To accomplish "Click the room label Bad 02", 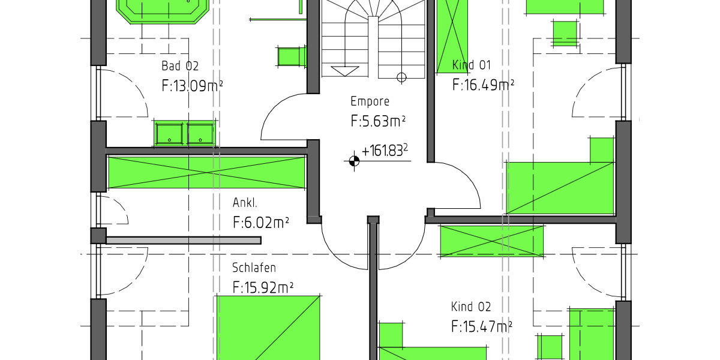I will point(179,66).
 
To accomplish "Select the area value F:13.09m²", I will point(192,86).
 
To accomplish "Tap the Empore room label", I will point(370,101).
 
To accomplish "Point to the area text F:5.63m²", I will point(378,121).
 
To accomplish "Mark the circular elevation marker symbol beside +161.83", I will point(353,160).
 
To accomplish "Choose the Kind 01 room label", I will point(472,65).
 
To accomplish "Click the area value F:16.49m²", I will point(482,85).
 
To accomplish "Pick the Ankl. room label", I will point(245,203).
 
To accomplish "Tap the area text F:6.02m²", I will point(260,223).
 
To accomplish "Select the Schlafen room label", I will point(254,268).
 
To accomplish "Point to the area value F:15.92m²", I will point(262,287).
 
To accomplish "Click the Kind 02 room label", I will point(471,307).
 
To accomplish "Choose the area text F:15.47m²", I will point(481,327).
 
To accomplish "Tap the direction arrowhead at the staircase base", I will point(344,71).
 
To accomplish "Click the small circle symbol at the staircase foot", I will point(401,76).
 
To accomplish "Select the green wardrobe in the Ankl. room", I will point(206,172).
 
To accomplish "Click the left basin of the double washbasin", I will point(170,133).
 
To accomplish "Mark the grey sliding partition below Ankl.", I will point(183,240).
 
